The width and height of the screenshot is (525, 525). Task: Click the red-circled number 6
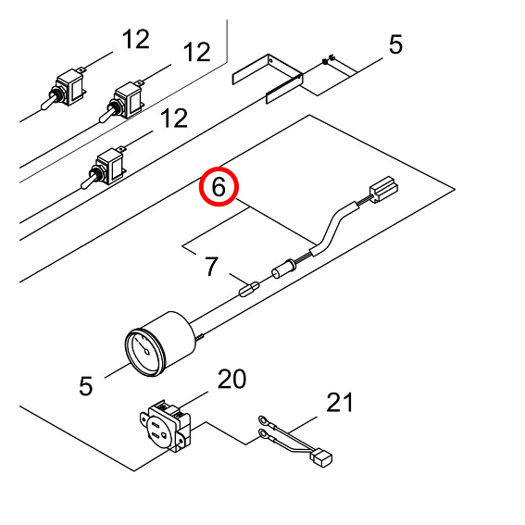pos(219,187)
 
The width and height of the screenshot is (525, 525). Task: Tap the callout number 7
pos(212,267)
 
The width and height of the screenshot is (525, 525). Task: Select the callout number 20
pos(231,379)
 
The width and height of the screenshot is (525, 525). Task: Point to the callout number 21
pos(340,402)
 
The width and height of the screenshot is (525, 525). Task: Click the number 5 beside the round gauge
pos(86,386)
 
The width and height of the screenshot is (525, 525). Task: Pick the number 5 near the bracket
pos(395,44)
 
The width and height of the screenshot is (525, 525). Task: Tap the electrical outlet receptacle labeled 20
pos(166,426)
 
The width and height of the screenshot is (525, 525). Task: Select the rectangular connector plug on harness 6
pos(383,189)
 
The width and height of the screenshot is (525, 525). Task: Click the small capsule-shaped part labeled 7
pos(249,289)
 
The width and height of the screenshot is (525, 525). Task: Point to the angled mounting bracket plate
pos(268,79)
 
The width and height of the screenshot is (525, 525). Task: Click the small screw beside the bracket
pos(327,59)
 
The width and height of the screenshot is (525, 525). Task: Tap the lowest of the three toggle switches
pos(104,169)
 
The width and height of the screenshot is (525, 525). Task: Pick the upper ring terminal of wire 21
pos(263,419)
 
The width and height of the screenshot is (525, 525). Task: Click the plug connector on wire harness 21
pos(322,457)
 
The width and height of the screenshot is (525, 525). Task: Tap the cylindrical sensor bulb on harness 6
pos(284,269)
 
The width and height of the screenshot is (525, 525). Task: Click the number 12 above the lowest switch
pos(174,118)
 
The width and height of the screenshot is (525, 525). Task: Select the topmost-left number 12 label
pos(135,39)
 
